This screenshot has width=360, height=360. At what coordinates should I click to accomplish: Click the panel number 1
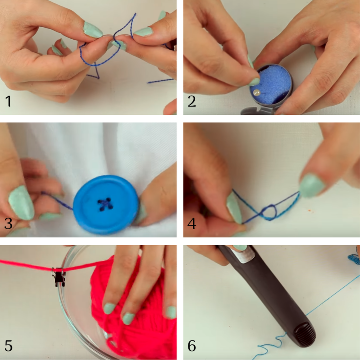point(8,102)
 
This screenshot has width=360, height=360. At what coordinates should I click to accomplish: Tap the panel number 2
point(192,102)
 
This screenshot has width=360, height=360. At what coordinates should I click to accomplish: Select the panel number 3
point(8,223)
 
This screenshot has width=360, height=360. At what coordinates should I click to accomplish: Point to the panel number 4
point(192,223)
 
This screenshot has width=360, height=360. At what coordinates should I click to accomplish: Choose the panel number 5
point(8,346)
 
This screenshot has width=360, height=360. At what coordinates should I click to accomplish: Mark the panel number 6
point(192,346)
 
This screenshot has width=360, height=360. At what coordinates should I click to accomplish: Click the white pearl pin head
point(257,93)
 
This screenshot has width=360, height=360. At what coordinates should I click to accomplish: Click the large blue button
point(106,204)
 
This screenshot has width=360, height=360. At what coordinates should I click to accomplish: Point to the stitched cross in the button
point(105,204)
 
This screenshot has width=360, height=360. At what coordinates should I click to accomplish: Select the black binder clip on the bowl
point(59,276)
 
